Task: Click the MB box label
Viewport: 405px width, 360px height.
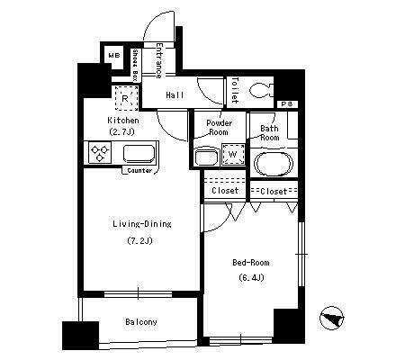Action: pos(113,57)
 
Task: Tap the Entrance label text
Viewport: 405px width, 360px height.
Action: pos(159,58)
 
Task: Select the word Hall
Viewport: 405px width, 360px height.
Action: pos(175,94)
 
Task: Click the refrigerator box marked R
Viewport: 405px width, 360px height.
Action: pos(123,94)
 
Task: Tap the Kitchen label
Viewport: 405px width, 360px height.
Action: pos(122,119)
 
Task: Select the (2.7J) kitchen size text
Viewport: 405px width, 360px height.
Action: pos(121,131)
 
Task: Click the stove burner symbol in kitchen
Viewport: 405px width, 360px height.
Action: pos(98,153)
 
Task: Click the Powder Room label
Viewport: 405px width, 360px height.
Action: pos(219,127)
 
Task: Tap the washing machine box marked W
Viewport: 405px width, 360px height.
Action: pos(233,155)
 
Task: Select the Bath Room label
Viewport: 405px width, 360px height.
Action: pos(268,133)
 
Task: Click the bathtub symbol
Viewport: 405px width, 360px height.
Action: pos(273,164)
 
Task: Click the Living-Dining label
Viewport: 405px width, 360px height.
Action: pos(142,224)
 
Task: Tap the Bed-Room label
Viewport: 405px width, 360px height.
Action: pos(250,262)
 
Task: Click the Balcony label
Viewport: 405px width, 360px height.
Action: pos(141,322)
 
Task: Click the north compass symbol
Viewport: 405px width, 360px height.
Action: pos(332,318)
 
